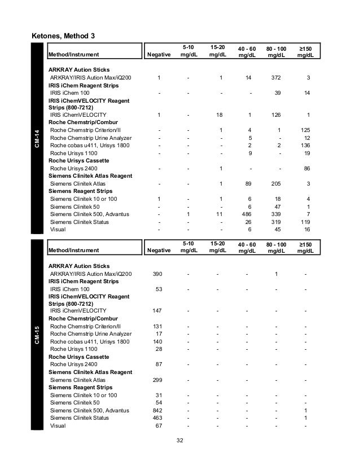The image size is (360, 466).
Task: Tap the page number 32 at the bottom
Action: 179,441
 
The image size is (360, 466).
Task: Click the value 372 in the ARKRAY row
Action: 276,77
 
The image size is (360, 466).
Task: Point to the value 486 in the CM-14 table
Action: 246,214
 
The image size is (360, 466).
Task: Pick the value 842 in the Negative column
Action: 159,411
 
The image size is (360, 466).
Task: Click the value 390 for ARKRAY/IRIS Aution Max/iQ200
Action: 159,274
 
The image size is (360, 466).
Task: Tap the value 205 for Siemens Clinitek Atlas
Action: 276,184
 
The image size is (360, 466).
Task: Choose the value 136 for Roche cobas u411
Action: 307,146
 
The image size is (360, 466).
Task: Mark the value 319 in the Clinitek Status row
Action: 276,222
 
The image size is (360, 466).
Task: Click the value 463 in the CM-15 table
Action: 159,418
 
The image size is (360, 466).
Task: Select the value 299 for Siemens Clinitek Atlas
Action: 159,380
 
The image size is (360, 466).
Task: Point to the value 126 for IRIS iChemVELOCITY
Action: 276,115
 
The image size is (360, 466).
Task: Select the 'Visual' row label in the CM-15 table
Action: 58,426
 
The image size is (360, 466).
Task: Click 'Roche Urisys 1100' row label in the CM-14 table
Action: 74,153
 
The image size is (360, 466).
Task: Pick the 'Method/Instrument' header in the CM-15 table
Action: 74,250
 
